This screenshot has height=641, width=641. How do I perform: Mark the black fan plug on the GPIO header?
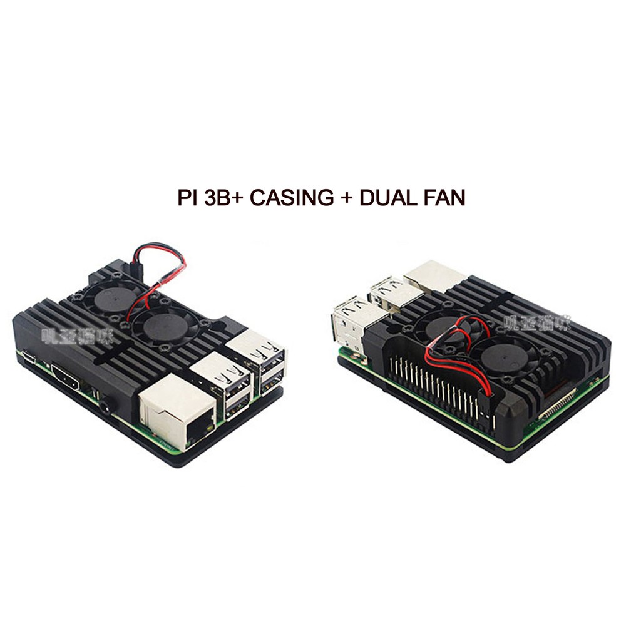pyautogui.click(x=485, y=404)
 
